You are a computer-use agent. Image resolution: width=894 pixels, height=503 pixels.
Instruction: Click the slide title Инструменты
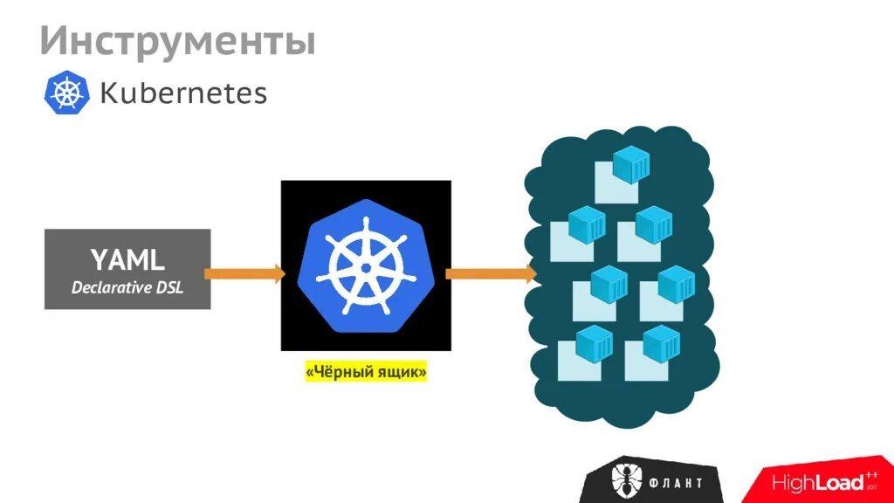(177, 41)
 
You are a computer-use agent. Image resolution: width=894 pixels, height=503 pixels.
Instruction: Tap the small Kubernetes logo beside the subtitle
(67, 93)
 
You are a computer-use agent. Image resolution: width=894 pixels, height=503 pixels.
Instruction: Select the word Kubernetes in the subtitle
(183, 93)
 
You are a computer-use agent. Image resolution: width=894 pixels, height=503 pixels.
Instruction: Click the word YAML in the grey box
(127, 259)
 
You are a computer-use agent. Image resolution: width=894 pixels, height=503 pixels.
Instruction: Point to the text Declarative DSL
(127, 287)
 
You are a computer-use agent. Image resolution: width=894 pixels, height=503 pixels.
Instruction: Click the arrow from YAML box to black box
(245, 273)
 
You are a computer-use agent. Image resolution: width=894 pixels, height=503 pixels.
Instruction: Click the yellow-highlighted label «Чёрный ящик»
(366, 373)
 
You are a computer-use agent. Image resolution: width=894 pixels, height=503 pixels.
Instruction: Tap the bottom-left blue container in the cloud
(594, 344)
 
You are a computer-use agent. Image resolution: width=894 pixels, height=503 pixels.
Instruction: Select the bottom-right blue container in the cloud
(660, 344)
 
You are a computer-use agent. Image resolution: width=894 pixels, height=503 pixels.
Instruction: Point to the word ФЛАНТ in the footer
(674, 482)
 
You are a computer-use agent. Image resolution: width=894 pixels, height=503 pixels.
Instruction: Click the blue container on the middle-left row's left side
(587, 224)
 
